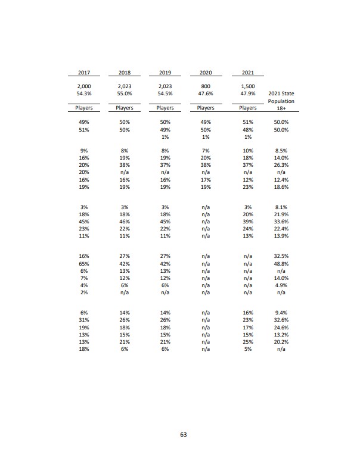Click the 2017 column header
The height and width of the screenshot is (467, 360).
point(83,73)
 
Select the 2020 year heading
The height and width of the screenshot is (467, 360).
point(206,73)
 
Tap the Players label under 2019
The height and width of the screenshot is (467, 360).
point(165,108)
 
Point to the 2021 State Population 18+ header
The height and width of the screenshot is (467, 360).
point(281,101)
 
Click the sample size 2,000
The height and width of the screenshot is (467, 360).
point(83,87)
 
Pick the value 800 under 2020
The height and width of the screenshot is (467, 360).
point(206,87)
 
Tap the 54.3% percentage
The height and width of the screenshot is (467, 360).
point(83,94)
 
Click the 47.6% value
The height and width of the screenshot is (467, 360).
point(206,94)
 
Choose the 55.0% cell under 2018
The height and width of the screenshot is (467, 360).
point(125,94)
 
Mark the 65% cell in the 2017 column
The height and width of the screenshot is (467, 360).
point(83,263)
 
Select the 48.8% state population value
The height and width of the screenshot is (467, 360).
point(281,263)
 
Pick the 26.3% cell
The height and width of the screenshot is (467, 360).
point(281,165)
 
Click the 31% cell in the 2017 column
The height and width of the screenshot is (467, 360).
point(83,320)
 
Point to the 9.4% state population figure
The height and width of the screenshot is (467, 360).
point(281,312)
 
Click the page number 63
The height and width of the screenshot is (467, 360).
point(184,435)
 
